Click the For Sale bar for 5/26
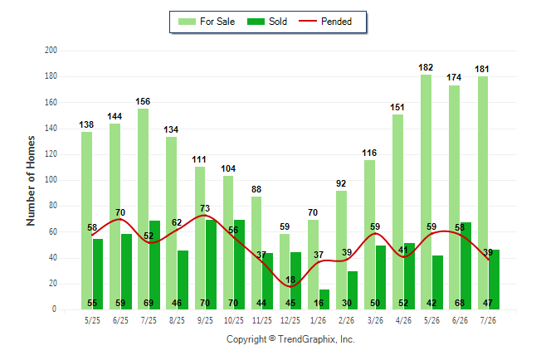(426, 192)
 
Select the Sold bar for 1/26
(324, 299)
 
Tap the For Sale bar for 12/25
(285, 272)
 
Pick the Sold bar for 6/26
(465, 266)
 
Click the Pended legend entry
(325, 22)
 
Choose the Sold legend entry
(267, 22)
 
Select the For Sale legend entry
(207, 22)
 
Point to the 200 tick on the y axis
(51, 51)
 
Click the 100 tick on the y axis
(51, 180)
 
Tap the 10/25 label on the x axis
(234, 320)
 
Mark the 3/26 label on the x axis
(375, 320)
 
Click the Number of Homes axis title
(31, 181)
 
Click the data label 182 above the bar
(426, 68)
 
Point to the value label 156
(143, 101)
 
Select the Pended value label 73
(205, 208)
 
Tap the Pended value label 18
(290, 280)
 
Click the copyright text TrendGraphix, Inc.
(317, 339)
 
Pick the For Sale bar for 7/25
(144, 209)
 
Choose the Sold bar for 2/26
(353, 290)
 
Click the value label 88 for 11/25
(256, 189)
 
